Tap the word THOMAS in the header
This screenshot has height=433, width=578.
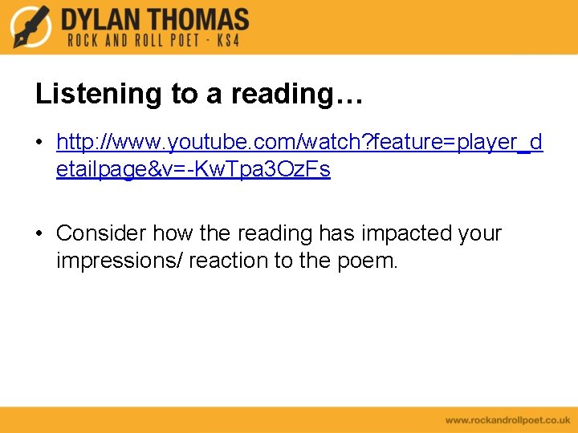tap(196, 19)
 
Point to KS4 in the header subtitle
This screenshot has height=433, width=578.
tap(227, 40)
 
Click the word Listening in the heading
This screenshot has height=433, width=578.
tap(99, 95)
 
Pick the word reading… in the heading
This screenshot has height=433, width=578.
tap(297, 95)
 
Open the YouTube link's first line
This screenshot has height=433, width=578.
tap(299, 143)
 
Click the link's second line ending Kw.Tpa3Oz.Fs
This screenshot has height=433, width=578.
tap(193, 170)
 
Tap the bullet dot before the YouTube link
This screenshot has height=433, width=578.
tap(39, 144)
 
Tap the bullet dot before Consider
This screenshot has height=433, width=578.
tap(39, 234)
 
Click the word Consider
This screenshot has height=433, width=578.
tap(101, 234)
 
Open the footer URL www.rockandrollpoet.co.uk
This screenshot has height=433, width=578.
tap(507, 419)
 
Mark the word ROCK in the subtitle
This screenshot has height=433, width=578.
tap(83, 40)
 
